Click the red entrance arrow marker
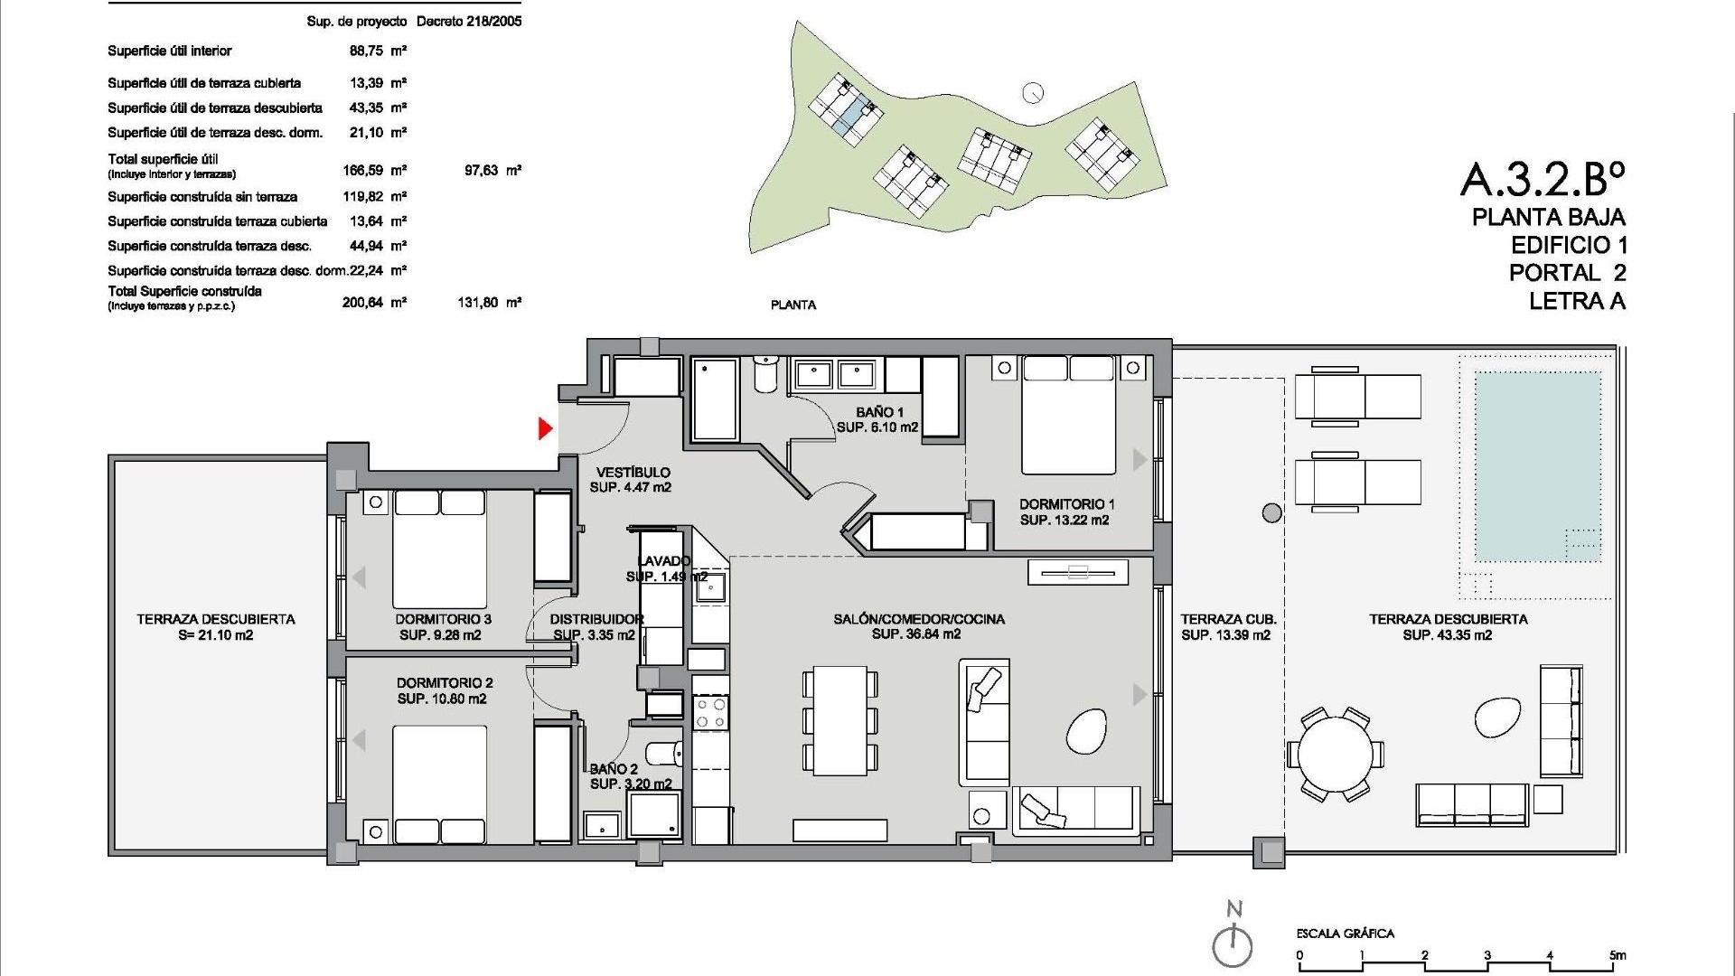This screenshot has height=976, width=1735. (x=545, y=428)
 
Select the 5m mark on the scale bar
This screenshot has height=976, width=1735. (x=1617, y=955)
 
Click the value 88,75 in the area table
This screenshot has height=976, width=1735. (x=367, y=52)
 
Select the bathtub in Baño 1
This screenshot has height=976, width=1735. (x=715, y=398)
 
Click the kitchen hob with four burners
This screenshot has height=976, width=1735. (x=710, y=713)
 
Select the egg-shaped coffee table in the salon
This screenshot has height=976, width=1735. (x=1086, y=731)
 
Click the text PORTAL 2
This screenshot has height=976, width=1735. (x=1567, y=273)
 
